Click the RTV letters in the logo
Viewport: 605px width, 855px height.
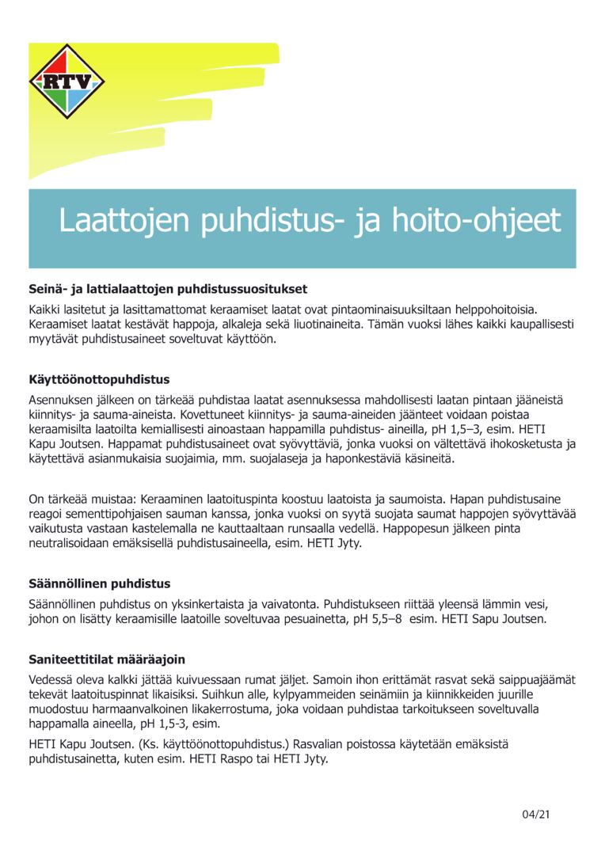tap(67, 81)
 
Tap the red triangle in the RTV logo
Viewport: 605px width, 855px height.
tap(67, 62)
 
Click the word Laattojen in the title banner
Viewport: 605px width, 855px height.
tap(125, 221)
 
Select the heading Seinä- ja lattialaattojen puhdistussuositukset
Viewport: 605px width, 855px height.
tap(168, 289)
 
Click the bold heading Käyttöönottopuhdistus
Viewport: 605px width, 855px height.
tap(99, 380)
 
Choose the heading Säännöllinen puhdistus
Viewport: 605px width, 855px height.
tap(99, 584)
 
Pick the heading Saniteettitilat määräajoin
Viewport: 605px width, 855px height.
tap(107, 659)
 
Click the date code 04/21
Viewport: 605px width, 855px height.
tap(535, 814)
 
